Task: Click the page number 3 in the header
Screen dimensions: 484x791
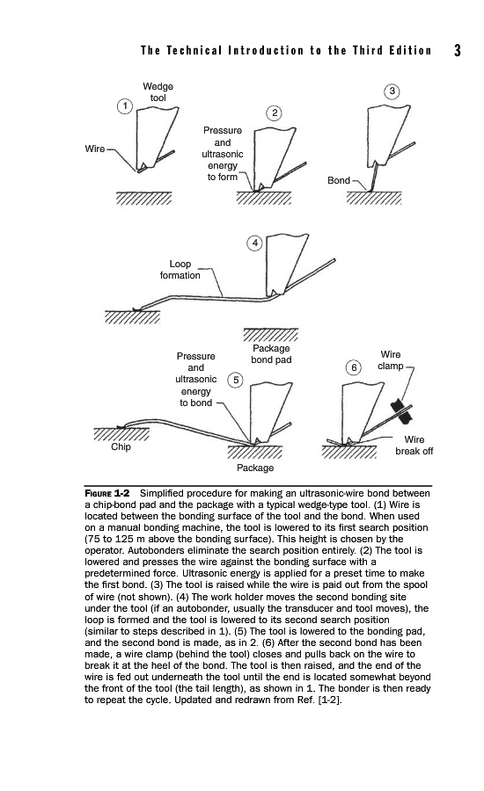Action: tap(458, 50)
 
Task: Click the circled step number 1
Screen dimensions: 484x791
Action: tap(124, 106)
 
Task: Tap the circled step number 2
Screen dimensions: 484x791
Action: tap(274, 112)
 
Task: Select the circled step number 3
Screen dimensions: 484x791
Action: tap(392, 91)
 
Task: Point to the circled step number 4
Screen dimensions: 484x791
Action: tap(255, 243)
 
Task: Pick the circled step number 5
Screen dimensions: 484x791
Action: tap(236, 381)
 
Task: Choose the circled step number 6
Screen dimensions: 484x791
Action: tap(354, 367)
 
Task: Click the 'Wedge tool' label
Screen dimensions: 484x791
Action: tap(158, 92)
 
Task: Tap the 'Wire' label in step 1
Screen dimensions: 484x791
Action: tap(95, 149)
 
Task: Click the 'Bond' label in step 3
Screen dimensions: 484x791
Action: tap(339, 180)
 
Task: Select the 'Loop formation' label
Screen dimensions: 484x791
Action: tap(180, 270)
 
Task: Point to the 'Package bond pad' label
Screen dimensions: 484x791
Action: tap(271, 353)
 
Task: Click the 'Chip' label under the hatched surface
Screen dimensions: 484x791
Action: tap(121, 447)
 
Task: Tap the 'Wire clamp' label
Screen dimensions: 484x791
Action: tap(391, 360)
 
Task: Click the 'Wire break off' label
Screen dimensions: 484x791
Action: tap(414, 446)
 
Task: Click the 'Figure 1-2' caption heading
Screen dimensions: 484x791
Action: tap(107, 493)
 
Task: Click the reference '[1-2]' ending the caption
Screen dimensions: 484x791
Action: tap(329, 700)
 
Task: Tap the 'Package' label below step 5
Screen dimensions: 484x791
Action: tap(255, 468)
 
